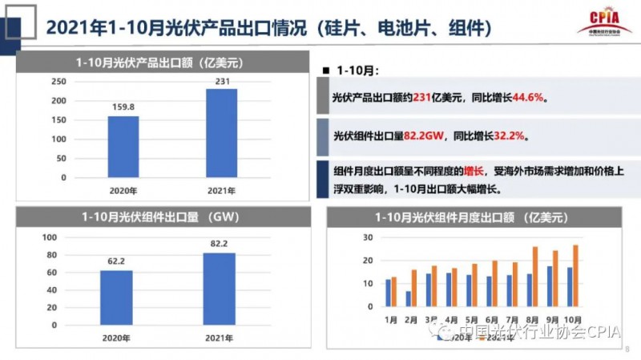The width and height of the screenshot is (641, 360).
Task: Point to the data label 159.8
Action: tap(123, 107)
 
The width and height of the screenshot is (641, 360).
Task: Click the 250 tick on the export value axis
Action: tap(59, 82)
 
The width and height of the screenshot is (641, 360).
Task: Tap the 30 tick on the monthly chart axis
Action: tap(368, 237)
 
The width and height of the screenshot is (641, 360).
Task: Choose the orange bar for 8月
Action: tap(535, 277)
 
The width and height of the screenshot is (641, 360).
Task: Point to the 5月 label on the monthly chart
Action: tap(472, 318)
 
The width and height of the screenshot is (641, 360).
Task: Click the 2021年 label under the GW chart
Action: tap(219, 335)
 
